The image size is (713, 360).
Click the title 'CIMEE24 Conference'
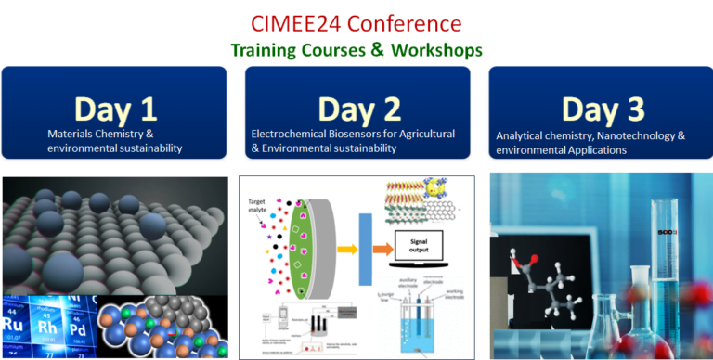click(x=356, y=20)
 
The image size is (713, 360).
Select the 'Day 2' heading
click(x=356, y=109)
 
